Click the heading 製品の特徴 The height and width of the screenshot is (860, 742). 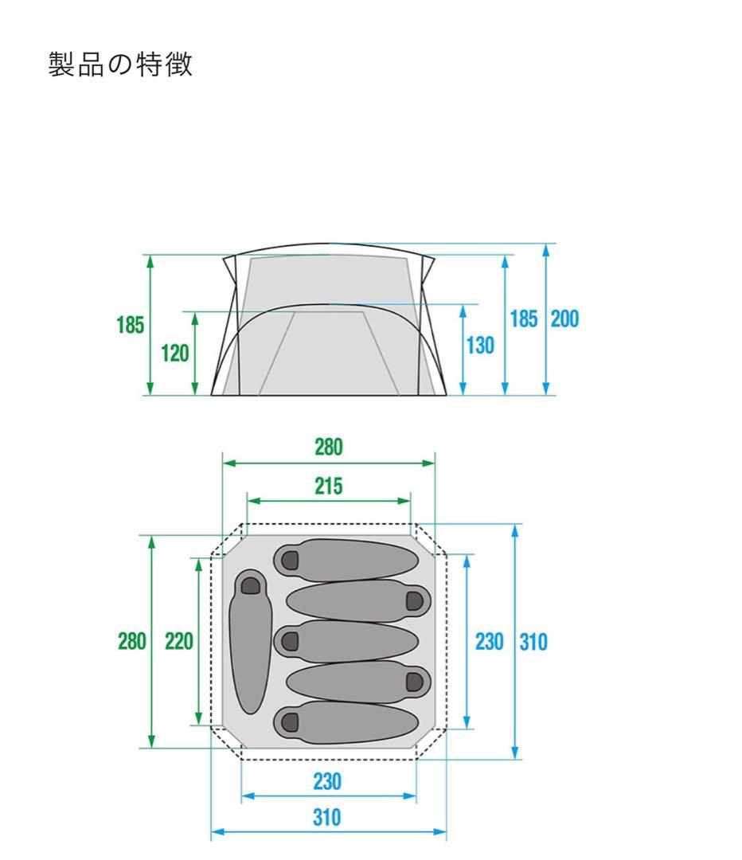coord(120,64)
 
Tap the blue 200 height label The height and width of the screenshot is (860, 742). coord(564,319)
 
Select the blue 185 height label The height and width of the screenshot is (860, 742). coord(524,319)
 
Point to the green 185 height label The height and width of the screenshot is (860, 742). coord(130,325)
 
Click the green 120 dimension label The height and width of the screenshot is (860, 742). coord(175,354)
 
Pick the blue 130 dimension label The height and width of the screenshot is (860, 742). coord(480,346)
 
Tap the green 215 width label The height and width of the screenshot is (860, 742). coord(329,486)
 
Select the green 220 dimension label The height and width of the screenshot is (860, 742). coord(179,641)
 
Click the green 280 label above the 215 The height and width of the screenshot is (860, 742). coord(329,447)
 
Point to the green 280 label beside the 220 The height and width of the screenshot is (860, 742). coord(132,641)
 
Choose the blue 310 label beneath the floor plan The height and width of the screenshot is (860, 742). coord(327,817)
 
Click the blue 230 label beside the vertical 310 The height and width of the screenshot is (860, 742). coord(489,642)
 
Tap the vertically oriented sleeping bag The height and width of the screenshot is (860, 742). coord(250,642)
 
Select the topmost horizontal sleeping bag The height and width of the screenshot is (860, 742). coord(346,560)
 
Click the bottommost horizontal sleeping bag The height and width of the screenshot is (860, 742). coord(346,722)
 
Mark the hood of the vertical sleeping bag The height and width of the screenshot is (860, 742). coord(251,584)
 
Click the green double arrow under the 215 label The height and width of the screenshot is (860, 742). coord(329,501)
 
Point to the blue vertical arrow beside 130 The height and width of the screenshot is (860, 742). coord(463,350)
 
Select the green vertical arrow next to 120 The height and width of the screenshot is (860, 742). coord(195,354)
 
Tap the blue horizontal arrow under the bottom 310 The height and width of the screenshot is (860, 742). coord(329,832)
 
